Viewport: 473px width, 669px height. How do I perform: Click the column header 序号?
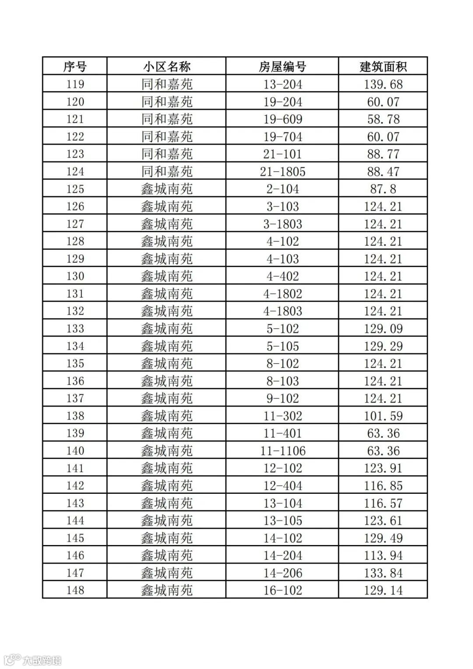[75, 67]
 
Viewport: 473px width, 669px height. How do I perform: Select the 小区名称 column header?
[166, 67]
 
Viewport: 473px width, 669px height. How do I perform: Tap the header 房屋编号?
[282, 67]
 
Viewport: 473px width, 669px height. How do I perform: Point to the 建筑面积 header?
[383, 67]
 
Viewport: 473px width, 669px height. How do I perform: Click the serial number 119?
[75, 84]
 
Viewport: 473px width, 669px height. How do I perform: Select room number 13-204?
[282, 84]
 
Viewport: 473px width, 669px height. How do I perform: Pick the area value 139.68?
[383, 84]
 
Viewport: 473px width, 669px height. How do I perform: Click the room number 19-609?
[282, 119]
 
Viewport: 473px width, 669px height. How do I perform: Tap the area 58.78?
[383, 119]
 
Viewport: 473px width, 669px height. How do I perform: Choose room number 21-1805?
[282, 171]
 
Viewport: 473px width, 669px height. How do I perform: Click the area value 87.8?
[383, 189]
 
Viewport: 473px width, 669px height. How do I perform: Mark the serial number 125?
[75, 189]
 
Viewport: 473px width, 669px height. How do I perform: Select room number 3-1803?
[282, 224]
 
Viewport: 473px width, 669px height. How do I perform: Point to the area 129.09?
[383, 329]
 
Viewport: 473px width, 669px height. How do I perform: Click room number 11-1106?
[282, 451]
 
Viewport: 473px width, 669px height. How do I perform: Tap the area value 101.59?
[383, 416]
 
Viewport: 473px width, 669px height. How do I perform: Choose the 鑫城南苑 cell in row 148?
[166, 590]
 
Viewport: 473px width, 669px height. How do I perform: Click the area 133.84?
[383, 573]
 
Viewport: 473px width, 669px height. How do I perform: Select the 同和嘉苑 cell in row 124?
[166, 171]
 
